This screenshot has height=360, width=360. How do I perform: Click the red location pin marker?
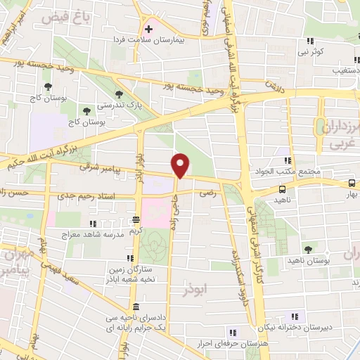click(181, 165)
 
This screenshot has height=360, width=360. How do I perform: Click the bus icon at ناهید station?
click(283, 189)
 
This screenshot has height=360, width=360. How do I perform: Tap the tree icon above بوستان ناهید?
click(308, 249)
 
